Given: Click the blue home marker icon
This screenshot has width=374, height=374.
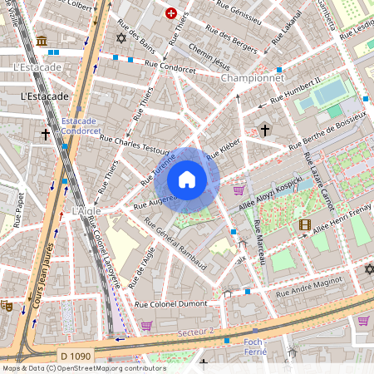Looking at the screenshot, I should click(x=187, y=180).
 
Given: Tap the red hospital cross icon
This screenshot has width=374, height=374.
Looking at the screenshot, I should click(x=171, y=13).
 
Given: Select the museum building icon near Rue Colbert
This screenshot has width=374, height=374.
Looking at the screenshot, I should click(x=41, y=41).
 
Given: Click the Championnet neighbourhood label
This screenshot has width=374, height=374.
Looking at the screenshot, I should click(x=254, y=77).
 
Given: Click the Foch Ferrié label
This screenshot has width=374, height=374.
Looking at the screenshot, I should click(x=254, y=347).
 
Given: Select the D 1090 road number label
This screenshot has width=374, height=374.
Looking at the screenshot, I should click(x=76, y=357).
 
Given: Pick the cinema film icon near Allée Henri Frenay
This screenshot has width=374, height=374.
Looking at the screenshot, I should click(x=305, y=224).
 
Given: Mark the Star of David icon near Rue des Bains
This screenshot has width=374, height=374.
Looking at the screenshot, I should click(x=121, y=38).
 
